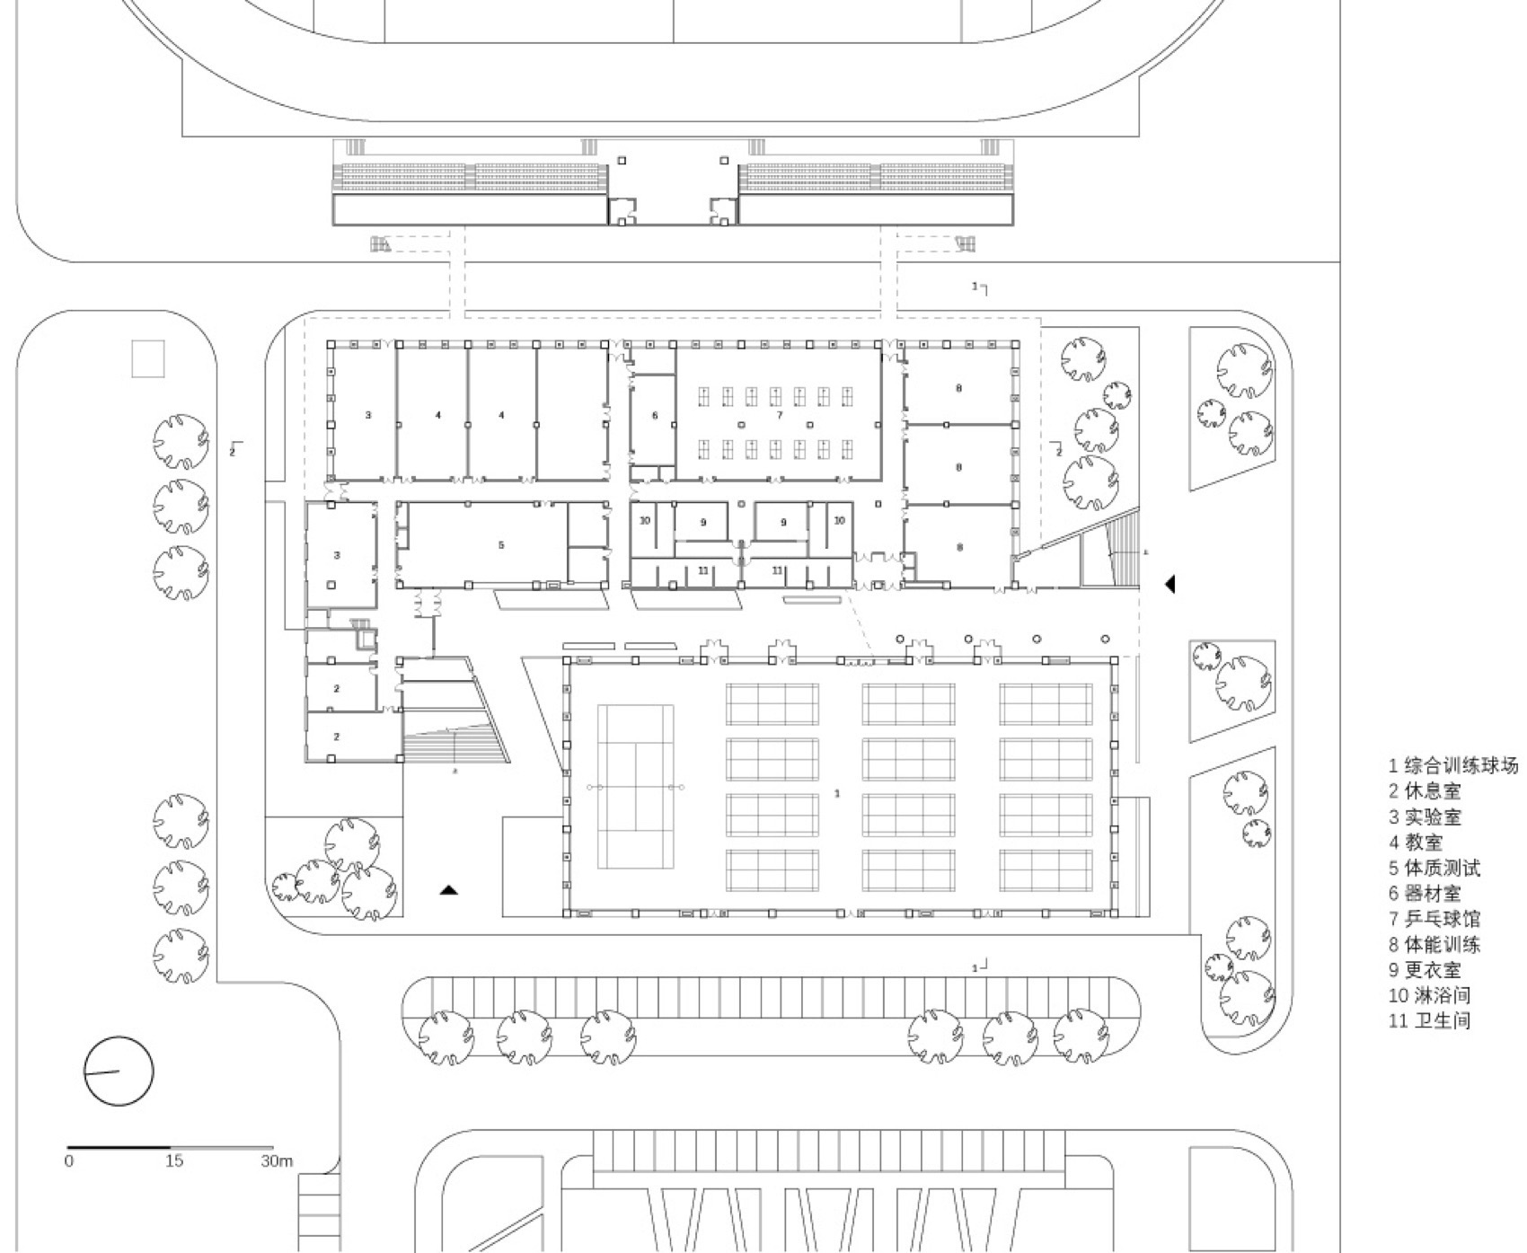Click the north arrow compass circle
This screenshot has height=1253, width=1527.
click(119, 1071)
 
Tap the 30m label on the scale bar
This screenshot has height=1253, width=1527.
click(277, 1160)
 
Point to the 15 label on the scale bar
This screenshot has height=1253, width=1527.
click(173, 1160)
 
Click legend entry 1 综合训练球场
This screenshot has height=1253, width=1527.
click(1452, 765)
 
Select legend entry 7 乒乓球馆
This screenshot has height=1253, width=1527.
click(1434, 919)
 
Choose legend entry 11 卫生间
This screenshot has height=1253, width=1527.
click(1429, 1020)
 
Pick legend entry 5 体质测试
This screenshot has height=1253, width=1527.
click(1434, 868)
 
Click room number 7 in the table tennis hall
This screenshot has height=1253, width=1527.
click(779, 415)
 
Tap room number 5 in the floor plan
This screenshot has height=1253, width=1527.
click(501, 545)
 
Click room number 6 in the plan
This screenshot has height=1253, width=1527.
click(655, 415)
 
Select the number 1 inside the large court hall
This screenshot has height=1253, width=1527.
click(837, 793)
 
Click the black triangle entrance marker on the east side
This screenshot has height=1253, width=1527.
click(1170, 584)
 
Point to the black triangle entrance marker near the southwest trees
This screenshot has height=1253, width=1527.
click(449, 890)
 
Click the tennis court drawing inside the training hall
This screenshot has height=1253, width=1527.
click(635, 787)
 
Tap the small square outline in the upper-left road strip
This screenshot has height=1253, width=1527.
click(148, 358)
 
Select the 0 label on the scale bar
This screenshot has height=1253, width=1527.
click(69, 1160)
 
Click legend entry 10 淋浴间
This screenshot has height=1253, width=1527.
click(1429, 995)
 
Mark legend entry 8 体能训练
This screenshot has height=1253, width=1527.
click(1434, 944)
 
